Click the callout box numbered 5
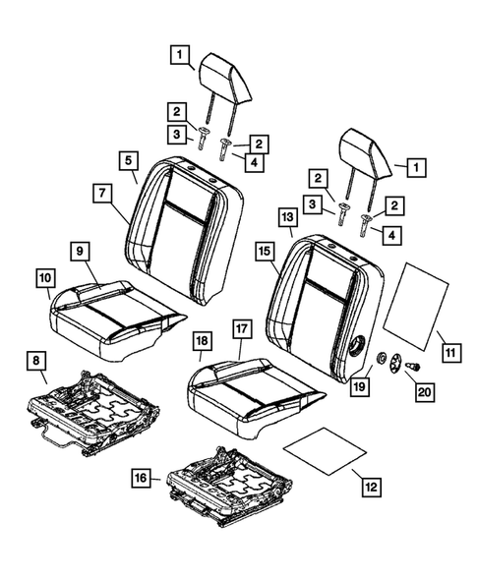(x=130, y=158)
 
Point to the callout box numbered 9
(x=78, y=252)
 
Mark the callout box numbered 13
(x=286, y=215)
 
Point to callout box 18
(x=201, y=341)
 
